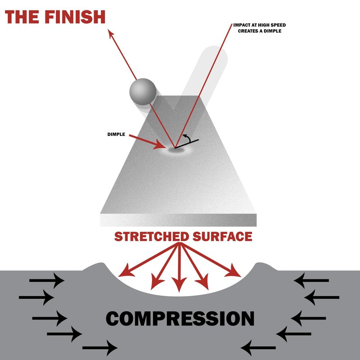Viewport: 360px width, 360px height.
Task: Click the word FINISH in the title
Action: [x=75, y=17]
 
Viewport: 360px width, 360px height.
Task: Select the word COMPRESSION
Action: [x=180, y=319]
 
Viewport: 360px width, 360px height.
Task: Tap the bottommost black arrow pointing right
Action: [x=100, y=348]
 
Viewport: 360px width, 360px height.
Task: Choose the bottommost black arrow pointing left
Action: [x=258, y=348]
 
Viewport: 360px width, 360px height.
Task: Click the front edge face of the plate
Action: [x=178, y=220]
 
